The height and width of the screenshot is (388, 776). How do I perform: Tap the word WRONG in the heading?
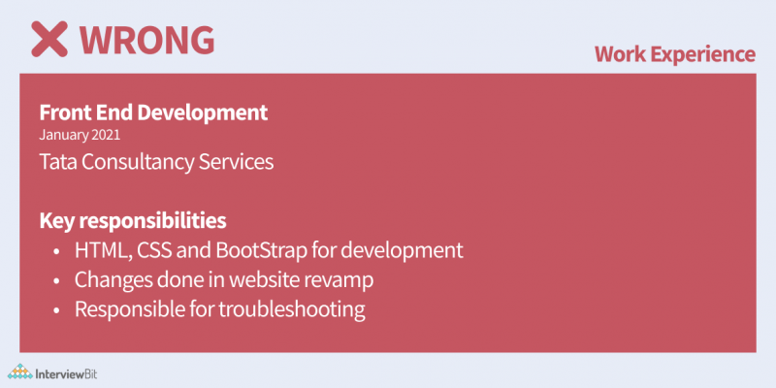(146, 38)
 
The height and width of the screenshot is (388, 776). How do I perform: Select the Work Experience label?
(675, 54)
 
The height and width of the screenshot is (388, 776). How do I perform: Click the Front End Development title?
(153, 112)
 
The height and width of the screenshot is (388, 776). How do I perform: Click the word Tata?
(59, 161)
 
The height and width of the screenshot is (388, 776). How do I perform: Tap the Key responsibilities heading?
(134, 219)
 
